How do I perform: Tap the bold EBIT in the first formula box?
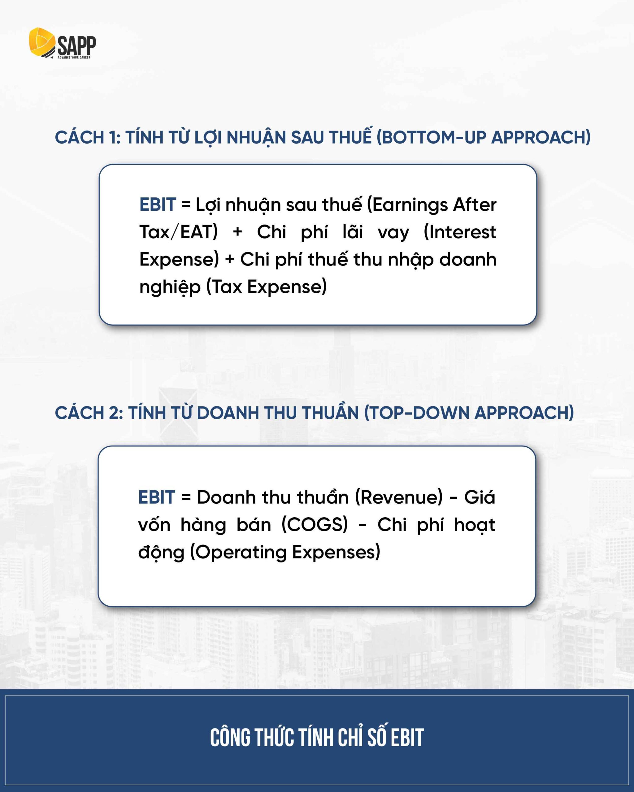coord(157,204)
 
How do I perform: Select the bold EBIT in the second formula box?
coord(156,497)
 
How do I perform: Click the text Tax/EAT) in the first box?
coord(178,232)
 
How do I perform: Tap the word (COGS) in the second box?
coord(314,525)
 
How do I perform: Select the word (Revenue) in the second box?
coord(399,497)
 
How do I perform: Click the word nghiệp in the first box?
coord(170,287)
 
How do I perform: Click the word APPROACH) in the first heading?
coord(541,137)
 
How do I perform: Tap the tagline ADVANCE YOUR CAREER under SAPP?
coord(74,57)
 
